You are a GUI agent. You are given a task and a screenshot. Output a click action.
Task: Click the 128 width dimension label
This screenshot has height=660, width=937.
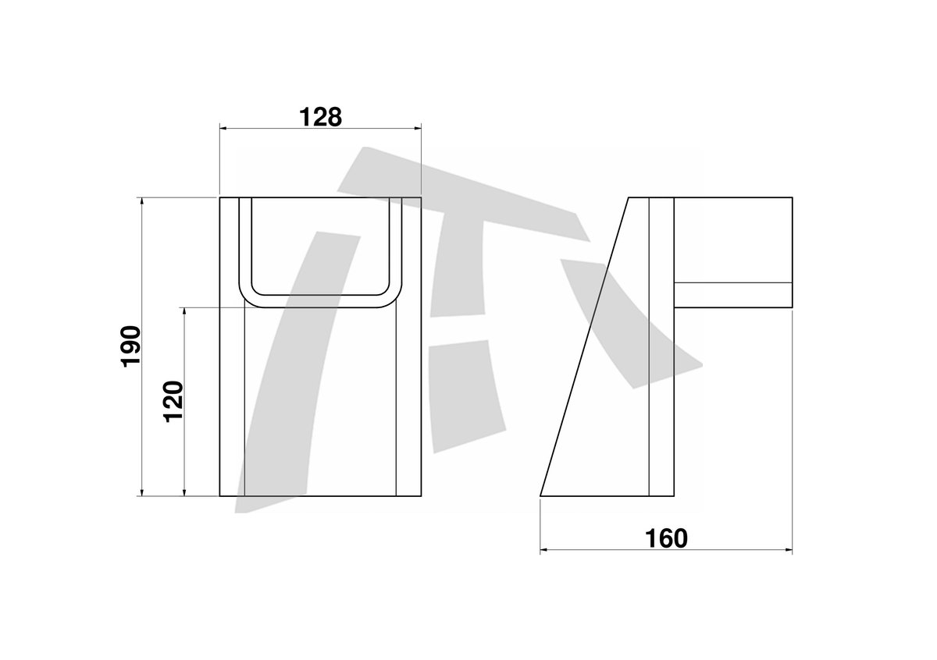click(x=320, y=117)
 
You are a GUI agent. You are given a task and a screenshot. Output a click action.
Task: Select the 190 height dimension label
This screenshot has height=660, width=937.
click(x=130, y=346)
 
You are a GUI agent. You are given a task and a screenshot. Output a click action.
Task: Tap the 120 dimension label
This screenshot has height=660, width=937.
click(x=173, y=401)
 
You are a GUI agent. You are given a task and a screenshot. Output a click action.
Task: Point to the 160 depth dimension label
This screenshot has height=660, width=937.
click(x=666, y=538)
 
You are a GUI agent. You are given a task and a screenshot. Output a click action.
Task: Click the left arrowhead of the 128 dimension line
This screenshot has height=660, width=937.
click(x=224, y=128)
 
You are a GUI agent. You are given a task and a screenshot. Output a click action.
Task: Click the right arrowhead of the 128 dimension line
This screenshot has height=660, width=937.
click(x=417, y=128)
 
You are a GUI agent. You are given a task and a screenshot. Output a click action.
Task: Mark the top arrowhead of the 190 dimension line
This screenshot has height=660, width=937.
click(x=142, y=201)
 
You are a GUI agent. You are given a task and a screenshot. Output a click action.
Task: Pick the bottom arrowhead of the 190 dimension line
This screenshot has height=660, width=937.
click(x=142, y=492)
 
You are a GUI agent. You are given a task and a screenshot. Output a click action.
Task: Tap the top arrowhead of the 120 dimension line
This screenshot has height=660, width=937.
click(x=184, y=312)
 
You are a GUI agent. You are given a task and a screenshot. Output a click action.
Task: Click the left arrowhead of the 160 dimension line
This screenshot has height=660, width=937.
click(x=545, y=550)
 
